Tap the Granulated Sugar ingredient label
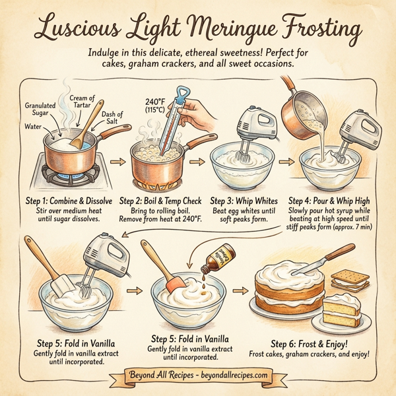(40, 110)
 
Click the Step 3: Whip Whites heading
(243, 199)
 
